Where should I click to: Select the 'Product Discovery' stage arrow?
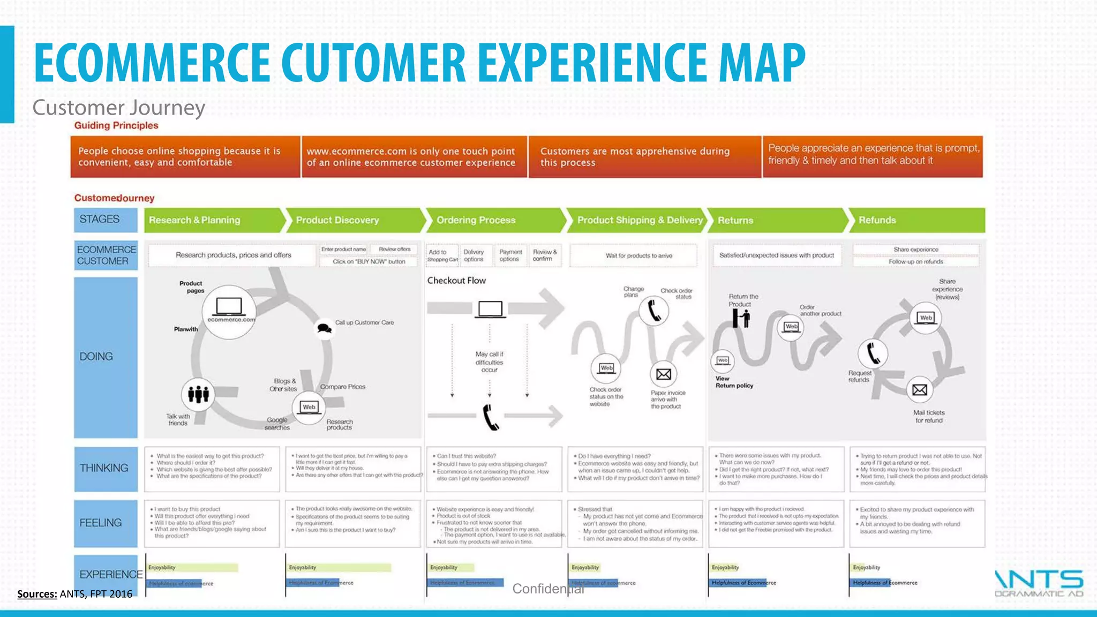tap(354, 220)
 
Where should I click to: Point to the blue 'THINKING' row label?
tap(106, 469)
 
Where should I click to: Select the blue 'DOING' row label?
tap(106, 357)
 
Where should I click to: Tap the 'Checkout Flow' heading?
tap(456, 281)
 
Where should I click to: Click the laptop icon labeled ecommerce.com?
tap(229, 308)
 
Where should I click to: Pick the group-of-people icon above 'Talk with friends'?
tap(198, 395)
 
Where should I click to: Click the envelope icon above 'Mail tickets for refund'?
tap(919, 390)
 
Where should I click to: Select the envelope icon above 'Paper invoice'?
tap(663, 374)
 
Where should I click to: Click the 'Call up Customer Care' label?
tap(364, 322)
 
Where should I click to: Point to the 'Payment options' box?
tap(510, 255)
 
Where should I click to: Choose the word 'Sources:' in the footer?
tap(37, 594)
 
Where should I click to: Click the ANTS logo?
tap(1039, 583)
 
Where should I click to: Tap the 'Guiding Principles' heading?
tap(116, 126)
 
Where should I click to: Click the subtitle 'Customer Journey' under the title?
tap(119, 108)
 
